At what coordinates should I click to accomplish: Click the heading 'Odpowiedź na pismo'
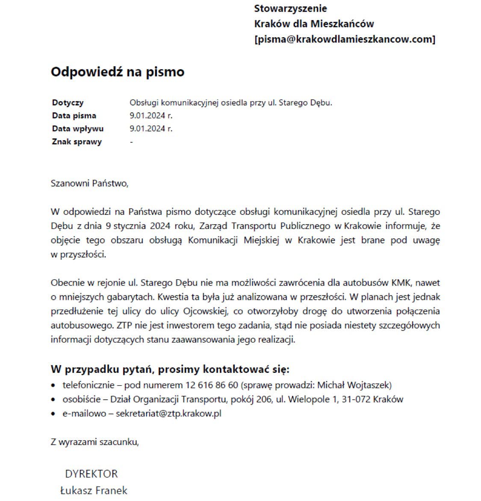click(x=118, y=72)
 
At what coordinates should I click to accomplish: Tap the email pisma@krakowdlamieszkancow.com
click(x=345, y=39)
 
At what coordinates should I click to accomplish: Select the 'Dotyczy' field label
click(x=68, y=103)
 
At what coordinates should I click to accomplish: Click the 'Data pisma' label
click(x=74, y=116)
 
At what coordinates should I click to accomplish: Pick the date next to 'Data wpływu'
click(x=151, y=129)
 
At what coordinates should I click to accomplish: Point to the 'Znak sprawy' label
click(x=77, y=142)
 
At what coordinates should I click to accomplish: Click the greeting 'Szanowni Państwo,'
click(x=89, y=184)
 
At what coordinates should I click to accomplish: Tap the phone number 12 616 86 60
click(x=212, y=385)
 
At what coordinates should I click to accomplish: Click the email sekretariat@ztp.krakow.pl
click(x=168, y=413)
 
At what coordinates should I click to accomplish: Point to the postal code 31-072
click(x=356, y=399)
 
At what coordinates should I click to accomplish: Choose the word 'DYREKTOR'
click(x=91, y=474)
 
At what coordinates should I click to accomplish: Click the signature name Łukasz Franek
click(x=94, y=490)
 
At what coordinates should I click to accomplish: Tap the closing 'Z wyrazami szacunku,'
click(x=95, y=442)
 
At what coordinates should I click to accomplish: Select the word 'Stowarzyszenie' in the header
click(x=290, y=8)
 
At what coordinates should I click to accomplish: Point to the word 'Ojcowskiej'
click(x=205, y=311)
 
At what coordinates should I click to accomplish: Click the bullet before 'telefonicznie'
click(x=53, y=386)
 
